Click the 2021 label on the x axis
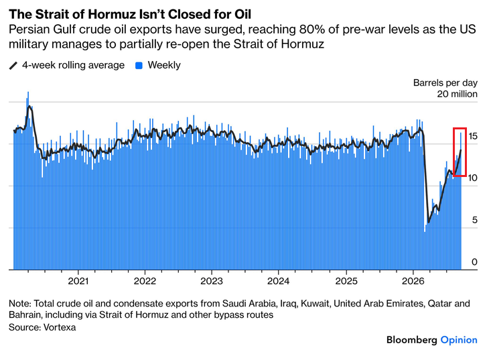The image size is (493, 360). [78, 281]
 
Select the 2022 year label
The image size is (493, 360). [145, 281]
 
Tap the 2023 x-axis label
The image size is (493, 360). [212, 281]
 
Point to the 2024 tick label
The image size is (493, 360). [278, 281]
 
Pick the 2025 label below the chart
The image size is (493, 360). [346, 281]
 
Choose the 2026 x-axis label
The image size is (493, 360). [413, 281]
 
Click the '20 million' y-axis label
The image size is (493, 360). [457, 94]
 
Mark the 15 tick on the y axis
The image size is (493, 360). [472, 136]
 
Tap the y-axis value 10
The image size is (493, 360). [472, 178]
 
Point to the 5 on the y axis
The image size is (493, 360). [475, 220]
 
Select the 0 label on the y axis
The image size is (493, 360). [475, 262]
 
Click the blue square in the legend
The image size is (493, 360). [139, 66]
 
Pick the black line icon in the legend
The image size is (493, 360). [13, 66]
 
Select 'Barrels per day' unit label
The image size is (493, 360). [445, 82]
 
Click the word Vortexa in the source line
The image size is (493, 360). [60, 327]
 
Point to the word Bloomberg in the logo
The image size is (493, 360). [412, 340]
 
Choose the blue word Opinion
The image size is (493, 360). [459, 340]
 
